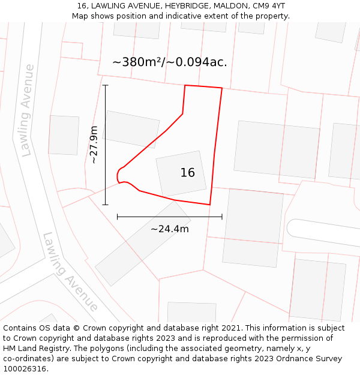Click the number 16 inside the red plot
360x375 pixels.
click(x=187, y=173)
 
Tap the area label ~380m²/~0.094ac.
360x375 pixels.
click(x=170, y=62)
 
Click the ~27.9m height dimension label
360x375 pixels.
click(x=94, y=145)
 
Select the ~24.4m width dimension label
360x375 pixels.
click(x=170, y=229)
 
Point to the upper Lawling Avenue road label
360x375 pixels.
click(x=26, y=110)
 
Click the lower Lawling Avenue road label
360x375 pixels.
click(x=70, y=272)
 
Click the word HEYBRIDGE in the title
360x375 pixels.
click(x=191, y=5)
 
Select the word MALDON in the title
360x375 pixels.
click(x=235, y=5)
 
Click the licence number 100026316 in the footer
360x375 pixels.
click(x=25, y=369)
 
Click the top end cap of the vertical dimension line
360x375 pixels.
click(x=106, y=85)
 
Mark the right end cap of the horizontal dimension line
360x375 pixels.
click(x=222, y=216)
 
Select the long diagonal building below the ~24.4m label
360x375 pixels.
click(x=143, y=243)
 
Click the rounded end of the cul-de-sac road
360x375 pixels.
click(x=292, y=227)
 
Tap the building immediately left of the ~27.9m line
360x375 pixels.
click(x=63, y=135)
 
